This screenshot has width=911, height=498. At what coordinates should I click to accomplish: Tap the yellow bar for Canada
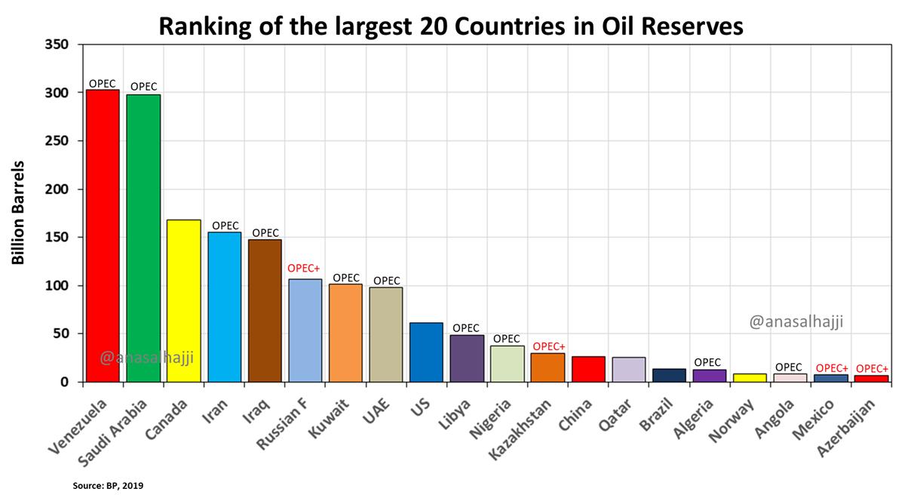click(183, 300)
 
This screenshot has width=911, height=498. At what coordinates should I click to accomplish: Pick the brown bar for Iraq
click(265, 310)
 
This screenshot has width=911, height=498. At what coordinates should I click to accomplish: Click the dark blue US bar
click(426, 352)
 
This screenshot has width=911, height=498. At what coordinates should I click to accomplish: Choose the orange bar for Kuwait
click(345, 333)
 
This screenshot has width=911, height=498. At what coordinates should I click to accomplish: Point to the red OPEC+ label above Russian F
click(305, 268)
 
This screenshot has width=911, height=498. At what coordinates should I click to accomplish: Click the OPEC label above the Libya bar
click(467, 328)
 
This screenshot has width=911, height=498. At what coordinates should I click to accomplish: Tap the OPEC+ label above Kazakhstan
click(548, 346)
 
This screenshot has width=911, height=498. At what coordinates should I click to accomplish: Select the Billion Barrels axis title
click(18, 213)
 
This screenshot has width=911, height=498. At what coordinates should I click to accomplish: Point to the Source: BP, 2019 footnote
click(108, 486)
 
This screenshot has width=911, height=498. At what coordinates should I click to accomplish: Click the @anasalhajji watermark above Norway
click(796, 322)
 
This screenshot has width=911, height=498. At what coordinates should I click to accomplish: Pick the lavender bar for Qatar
click(628, 369)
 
